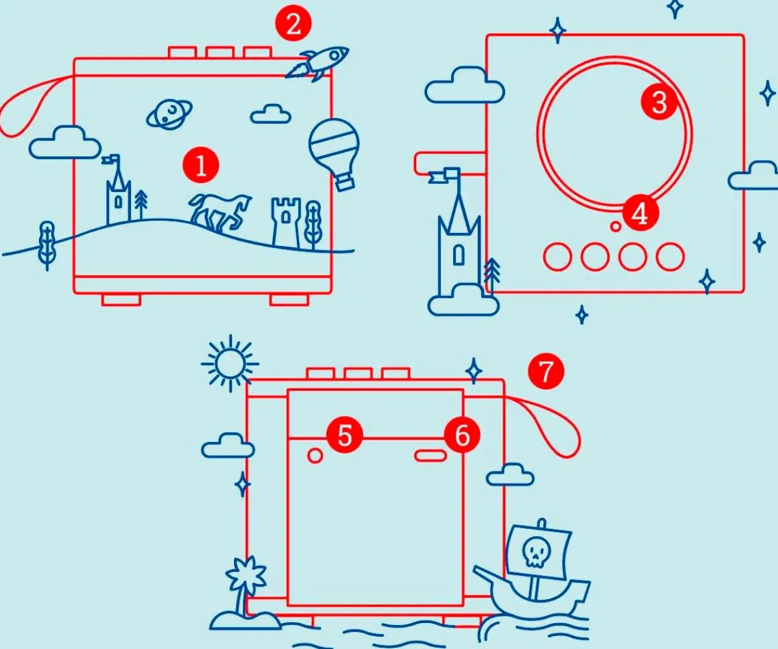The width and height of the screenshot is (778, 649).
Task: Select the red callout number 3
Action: click(659, 102)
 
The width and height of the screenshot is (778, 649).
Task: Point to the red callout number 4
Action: click(640, 214)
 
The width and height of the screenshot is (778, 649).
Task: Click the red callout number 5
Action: click(344, 435)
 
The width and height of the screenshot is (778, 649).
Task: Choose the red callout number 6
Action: click(462, 435)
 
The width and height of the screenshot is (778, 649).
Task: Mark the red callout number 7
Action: click(545, 372)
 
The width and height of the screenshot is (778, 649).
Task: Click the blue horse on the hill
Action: click(219, 211)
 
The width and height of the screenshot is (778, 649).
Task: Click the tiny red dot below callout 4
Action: click(615, 227)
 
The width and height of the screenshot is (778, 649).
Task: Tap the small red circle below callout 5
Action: click(315, 456)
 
